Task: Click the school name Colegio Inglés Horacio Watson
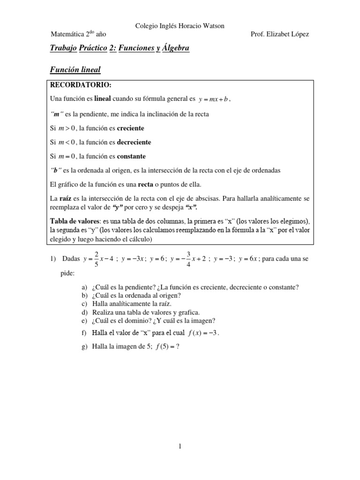[x=180, y=26]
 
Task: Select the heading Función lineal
[x=75, y=70]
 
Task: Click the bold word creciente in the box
[x=130, y=128]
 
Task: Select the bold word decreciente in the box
[x=134, y=142]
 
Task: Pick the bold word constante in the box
[x=131, y=156]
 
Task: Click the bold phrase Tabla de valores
[x=73, y=221]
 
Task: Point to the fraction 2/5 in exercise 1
[x=97, y=259]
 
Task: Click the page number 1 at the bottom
[x=180, y=447]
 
